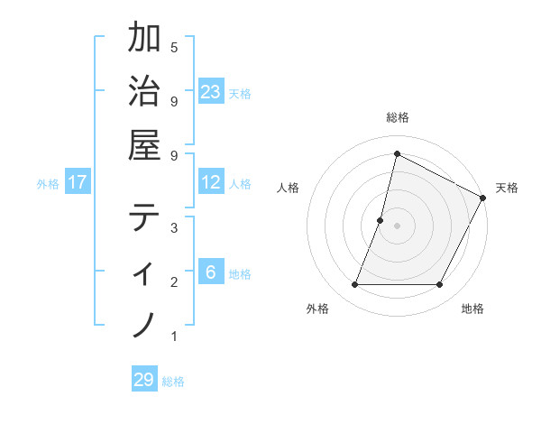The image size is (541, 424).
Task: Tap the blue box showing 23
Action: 211,91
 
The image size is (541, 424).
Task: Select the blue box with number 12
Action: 211,182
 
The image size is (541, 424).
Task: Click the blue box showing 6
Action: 211,272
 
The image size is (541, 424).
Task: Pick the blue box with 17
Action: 78,182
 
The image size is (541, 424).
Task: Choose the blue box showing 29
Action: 144,379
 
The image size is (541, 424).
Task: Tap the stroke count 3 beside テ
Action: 174,227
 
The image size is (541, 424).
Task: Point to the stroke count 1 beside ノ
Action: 174,336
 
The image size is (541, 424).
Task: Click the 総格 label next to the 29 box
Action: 173,382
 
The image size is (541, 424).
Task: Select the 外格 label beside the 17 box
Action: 47,184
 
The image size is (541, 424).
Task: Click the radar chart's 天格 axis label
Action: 507,188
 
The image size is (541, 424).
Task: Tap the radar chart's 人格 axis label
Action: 288,188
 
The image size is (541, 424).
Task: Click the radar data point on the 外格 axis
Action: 354,285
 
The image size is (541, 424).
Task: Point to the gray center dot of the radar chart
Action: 397,226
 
